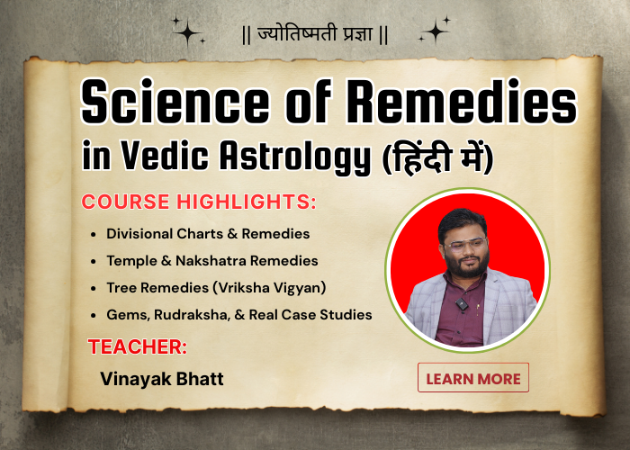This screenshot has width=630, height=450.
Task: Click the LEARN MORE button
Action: pos(473,378)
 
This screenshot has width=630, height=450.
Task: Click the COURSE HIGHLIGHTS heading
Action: pos(199,202)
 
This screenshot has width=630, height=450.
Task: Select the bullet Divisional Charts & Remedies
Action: pos(208,233)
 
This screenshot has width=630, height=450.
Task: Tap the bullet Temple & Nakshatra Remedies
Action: pos(211,261)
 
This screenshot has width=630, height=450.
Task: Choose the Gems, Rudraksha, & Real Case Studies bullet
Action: pos(238,315)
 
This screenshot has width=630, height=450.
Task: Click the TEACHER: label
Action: pos(138,346)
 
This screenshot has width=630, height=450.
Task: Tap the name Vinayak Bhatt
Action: pos(163,378)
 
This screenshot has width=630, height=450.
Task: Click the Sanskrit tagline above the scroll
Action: pos(315,37)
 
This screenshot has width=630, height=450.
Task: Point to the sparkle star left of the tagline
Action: pos(188,33)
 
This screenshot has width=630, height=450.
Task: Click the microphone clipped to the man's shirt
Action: pos(462,305)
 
